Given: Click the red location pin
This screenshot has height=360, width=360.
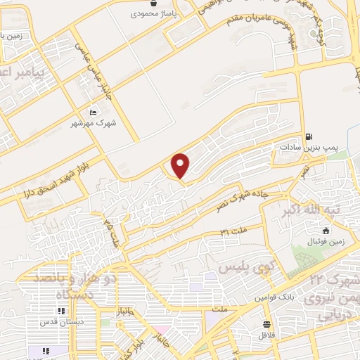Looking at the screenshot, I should (x=181, y=165).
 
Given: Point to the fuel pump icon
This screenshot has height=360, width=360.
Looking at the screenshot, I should (x=309, y=136).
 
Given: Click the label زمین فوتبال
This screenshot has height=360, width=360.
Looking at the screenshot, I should (x=325, y=241).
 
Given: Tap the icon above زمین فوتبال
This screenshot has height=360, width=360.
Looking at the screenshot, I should (x=326, y=231).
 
